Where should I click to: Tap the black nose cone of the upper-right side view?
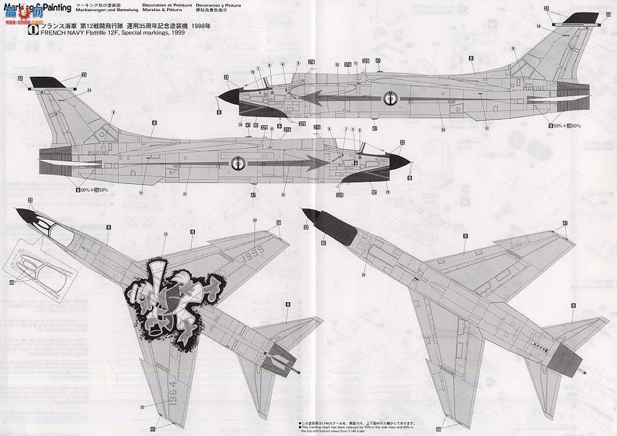point(229,97)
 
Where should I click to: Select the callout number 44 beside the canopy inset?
point(11,282)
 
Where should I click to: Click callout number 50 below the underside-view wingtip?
point(439,429)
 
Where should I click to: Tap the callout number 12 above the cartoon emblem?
point(165,234)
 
